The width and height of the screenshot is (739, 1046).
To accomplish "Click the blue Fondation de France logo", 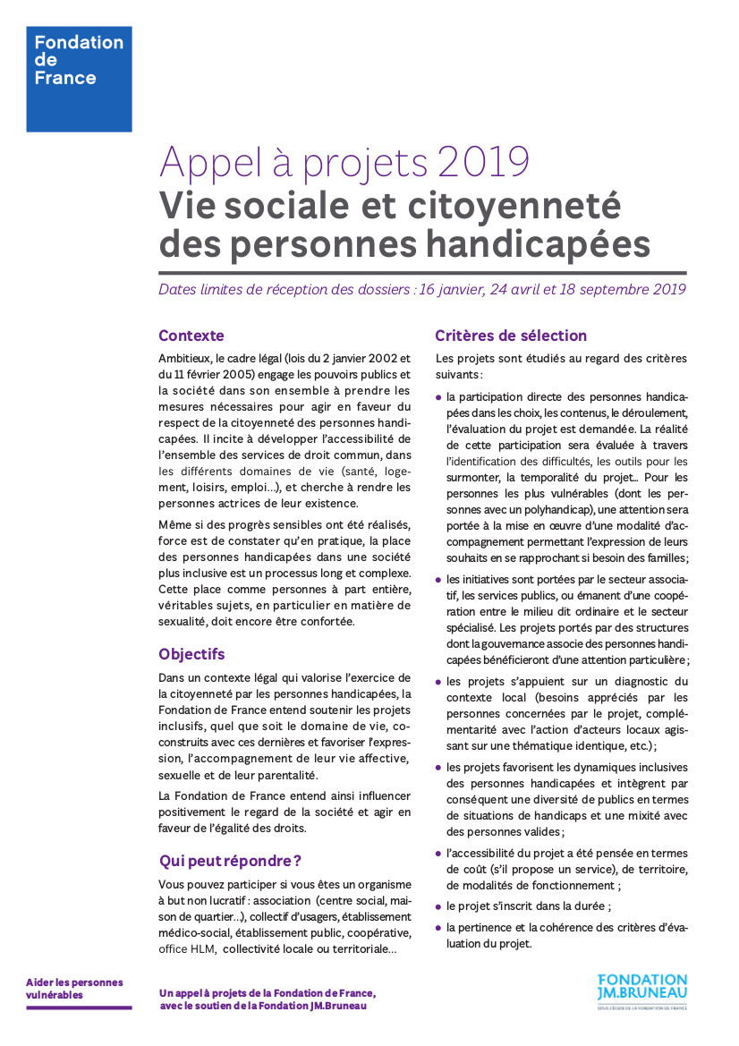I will [x=79, y=79].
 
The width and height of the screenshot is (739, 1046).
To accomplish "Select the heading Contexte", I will [x=191, y=336].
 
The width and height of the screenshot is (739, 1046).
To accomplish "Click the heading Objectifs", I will [x=191, y=654].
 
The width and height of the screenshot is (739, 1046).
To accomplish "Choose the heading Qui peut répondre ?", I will [x=230, y=861].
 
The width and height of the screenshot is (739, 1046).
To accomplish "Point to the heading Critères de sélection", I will [x=511, y=336].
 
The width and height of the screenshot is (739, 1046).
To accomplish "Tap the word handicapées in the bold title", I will [x=537, y=243].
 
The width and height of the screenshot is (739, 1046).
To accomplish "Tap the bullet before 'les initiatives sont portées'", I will [x=438, y=579].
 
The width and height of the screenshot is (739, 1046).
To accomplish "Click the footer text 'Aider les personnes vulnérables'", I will [x=74, y=988].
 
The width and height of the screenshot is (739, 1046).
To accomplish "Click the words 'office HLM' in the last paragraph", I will [x=184, y=949].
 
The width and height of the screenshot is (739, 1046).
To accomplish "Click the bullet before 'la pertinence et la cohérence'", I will [x=438, y=928].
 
